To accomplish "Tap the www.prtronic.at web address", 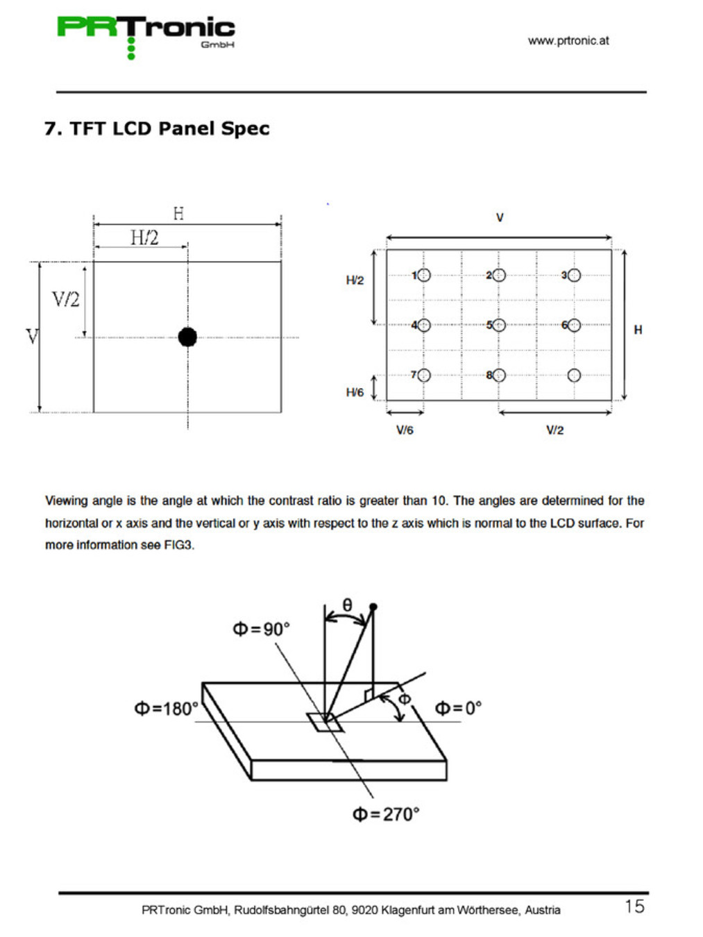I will click(x=568, y=40).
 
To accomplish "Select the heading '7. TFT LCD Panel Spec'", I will click(x=157, y=128).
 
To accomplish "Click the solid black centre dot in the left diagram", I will click(x=187, y=337).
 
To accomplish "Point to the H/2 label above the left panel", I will click(x=144, y=237).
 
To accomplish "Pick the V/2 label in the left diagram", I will click(x=66, y=299).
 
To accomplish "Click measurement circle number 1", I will click(x=424, y=276).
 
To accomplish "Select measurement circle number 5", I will click(x=499, y=325).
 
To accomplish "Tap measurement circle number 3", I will click(x=574, y=276).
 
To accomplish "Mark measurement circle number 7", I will click(x=424, y=375).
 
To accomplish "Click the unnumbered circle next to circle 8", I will click(x=574, y=375).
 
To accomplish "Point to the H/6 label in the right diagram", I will click(x=355, y=392).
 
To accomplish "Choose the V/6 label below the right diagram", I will click(x=405, y=430).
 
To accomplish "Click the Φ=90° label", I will click(x=261, y=630).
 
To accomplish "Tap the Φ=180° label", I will click(x=166, y=709).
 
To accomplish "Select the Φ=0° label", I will click(x=458, y=708).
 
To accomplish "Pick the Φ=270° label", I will click(x=386, y=814).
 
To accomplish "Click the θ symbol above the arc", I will click(x=348, y=605).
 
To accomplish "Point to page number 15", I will click(x=634, y=906).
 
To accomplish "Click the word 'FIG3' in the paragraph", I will click(x=178, y=545).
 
